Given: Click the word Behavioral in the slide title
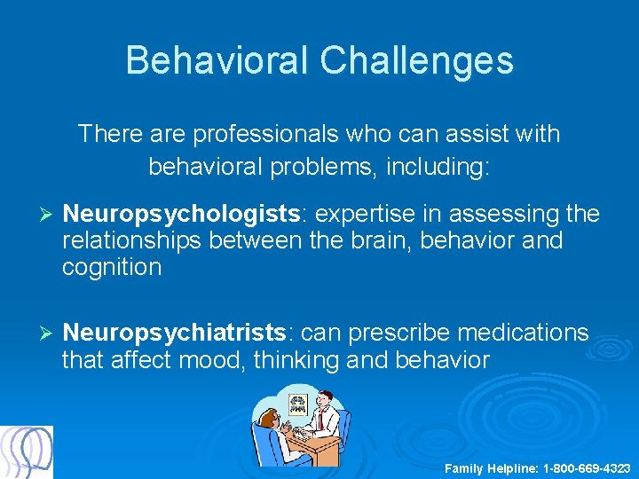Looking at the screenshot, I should click(217, 60).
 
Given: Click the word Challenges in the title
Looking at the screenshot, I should click(416, 60).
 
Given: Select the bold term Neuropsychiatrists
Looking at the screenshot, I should click(175, 333).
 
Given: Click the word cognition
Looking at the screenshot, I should click(112, 267).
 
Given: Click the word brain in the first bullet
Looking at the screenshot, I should click(359, 240).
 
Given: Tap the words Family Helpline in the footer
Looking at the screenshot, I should click(490, 467).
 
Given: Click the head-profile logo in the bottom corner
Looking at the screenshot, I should click(28, 452).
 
